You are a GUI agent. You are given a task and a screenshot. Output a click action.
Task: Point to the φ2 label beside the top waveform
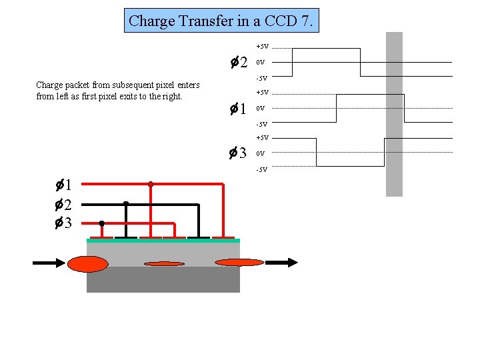point(239,63)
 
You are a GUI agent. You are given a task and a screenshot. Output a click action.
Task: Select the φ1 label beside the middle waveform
point(239,108)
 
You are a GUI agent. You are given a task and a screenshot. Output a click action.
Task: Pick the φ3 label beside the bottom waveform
point(239,153)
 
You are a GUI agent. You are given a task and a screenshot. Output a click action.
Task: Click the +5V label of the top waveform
point(262,47)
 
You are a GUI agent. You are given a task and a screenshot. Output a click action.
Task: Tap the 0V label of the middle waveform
point(261,108)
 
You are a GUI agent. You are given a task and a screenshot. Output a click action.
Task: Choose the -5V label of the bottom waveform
point(261,169)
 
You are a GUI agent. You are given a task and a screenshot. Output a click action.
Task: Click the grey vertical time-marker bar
point(395,113)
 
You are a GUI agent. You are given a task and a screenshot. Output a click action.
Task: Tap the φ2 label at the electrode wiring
point(64,204)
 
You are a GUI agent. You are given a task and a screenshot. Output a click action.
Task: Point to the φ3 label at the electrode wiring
point(64,223)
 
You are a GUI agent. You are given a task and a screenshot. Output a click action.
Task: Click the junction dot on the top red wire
point(151,184)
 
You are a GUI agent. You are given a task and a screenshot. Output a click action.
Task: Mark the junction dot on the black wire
point(126,204)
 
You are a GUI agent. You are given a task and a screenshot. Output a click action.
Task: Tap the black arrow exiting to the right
point(280,263)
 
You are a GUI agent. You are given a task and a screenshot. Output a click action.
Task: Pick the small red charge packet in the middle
point(164,264)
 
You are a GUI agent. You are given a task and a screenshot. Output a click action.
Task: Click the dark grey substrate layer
point(163,280)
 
